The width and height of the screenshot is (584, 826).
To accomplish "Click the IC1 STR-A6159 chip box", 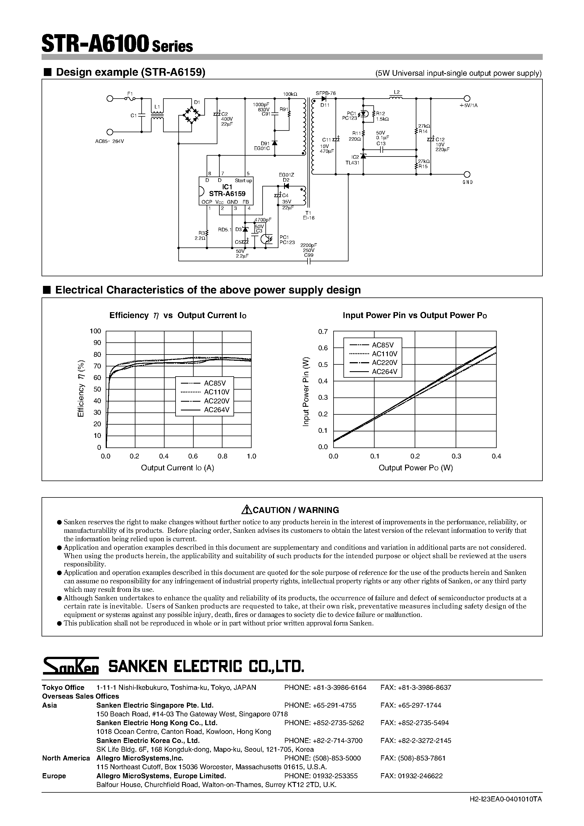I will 226,191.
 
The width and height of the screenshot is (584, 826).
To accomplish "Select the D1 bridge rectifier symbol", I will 191,115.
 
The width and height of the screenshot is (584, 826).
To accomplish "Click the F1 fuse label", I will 130,94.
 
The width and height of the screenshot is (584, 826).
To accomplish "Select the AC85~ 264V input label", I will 109,141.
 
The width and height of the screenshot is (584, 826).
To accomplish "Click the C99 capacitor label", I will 309,255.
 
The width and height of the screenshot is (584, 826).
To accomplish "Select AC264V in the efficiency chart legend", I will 217,410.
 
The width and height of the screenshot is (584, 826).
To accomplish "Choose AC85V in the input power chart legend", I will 383,345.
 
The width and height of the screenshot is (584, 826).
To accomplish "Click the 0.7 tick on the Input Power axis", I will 323,331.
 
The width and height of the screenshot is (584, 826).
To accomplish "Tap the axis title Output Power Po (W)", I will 416,468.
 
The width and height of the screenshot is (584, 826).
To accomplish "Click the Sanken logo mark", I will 71,666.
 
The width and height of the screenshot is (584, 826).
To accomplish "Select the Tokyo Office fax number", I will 416,688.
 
